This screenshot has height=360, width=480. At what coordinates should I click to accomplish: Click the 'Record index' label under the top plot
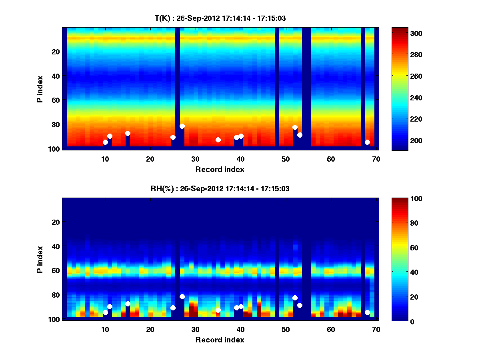[x=220, y=169]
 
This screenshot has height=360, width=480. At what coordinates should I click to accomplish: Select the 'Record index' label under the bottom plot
[x=220, y=340]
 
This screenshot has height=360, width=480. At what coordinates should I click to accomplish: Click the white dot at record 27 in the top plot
[x=182, y=126]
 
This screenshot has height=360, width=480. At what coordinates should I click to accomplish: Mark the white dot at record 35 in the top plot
[x=218, y=140]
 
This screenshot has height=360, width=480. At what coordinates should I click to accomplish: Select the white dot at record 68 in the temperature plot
[x=367, y=142]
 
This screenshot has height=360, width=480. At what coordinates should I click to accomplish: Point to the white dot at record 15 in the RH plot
[x=128, y=304]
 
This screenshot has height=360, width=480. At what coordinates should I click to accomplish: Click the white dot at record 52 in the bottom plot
[x=295, y=298]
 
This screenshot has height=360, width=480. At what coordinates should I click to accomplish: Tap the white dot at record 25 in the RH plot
[x=173, y=308]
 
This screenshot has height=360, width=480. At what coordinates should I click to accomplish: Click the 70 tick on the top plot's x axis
[x=376, y=159]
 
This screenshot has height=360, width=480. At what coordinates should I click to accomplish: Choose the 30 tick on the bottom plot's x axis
[x=195, y=329]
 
